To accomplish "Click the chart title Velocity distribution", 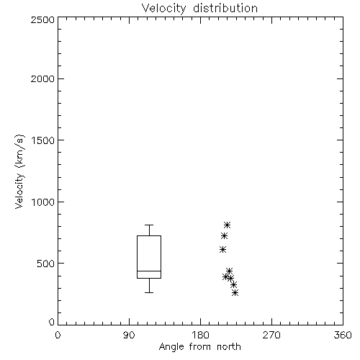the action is pos(199,8).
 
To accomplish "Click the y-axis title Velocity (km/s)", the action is pos(19,172).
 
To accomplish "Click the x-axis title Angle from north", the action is pos(199,346).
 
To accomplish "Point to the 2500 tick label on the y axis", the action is pos(42,19).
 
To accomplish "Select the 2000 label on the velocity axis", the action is pos(42,78).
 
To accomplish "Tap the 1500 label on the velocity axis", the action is pos(43,140).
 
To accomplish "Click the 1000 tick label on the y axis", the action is pos(43,202).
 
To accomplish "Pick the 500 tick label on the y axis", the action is pos(45,264).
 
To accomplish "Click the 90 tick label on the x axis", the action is pos(129,335).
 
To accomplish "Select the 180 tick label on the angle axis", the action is pos(200,335).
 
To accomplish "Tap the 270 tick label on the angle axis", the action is pos(271,335).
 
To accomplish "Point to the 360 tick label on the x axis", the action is pos(343,335).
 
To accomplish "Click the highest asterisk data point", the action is pos(227,225).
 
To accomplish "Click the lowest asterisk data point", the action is pos(235,292).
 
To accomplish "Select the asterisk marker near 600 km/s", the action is pos(222,250).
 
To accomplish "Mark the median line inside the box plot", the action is pos(149,271).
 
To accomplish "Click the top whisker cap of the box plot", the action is pos(149,225).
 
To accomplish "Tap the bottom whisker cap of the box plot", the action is pos(149,292).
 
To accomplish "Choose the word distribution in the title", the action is pos(225,8).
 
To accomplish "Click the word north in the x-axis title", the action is pos(229,346).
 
